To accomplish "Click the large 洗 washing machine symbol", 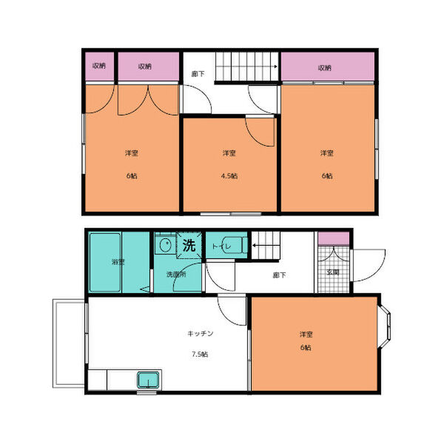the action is point(189,245).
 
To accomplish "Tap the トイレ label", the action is point(222,246).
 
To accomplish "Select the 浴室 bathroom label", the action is point(118,262).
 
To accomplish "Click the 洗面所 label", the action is point(176,275).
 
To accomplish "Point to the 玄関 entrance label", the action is point(333,272).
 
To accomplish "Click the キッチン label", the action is point(201,334).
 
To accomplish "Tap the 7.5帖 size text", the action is point(200,354).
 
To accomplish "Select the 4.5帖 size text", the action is point(229,176).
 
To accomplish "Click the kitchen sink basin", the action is point(148,380).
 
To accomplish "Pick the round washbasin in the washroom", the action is point(165,245).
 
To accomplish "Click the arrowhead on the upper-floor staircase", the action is point(275,67).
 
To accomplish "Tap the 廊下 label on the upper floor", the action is point(198,74).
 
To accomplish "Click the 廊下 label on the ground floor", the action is point(279,275).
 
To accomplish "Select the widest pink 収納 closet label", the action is point(325,68).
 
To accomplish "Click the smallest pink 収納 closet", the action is point(100,67).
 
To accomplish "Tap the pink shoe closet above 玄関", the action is point(333,238).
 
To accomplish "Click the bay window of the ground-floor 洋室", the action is point(385,326).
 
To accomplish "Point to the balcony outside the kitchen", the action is point(69,343).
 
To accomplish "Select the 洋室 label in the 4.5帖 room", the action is point(229,153).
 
